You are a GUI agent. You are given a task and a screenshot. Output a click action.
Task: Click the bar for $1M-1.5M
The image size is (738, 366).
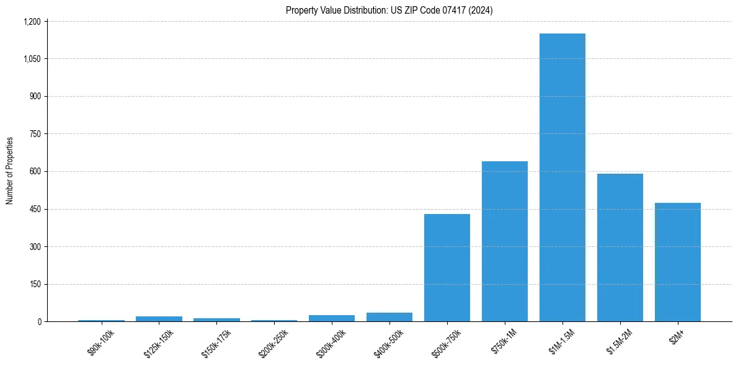click(562, 177)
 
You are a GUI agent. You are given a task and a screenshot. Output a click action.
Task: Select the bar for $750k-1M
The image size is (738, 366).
click(505, 241)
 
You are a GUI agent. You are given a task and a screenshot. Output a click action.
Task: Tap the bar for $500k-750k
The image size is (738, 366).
click(447, 267)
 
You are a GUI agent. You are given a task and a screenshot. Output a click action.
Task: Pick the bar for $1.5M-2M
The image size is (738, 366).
click(620, 248)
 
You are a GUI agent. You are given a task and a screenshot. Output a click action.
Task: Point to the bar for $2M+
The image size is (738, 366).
click(678, 262)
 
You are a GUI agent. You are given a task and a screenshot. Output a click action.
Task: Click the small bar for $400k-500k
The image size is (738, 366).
click(389, 317)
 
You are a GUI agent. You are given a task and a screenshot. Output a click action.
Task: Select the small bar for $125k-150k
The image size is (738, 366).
click(159, 319)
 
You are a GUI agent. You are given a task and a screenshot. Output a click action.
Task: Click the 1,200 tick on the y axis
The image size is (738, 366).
click(32, 22)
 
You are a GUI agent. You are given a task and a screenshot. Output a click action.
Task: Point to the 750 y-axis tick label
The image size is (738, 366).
click(35, 134)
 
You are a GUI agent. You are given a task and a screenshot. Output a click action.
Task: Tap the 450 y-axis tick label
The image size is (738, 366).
click(35, 209)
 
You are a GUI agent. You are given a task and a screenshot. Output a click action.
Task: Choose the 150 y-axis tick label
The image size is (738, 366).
click(35, 284)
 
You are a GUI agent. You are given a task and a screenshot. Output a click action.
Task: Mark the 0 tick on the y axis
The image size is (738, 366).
click(39, 322)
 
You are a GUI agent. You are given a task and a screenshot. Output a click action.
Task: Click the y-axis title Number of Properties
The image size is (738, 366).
click(10, 171)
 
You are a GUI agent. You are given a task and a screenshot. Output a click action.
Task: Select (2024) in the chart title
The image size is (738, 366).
click(481, 10)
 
